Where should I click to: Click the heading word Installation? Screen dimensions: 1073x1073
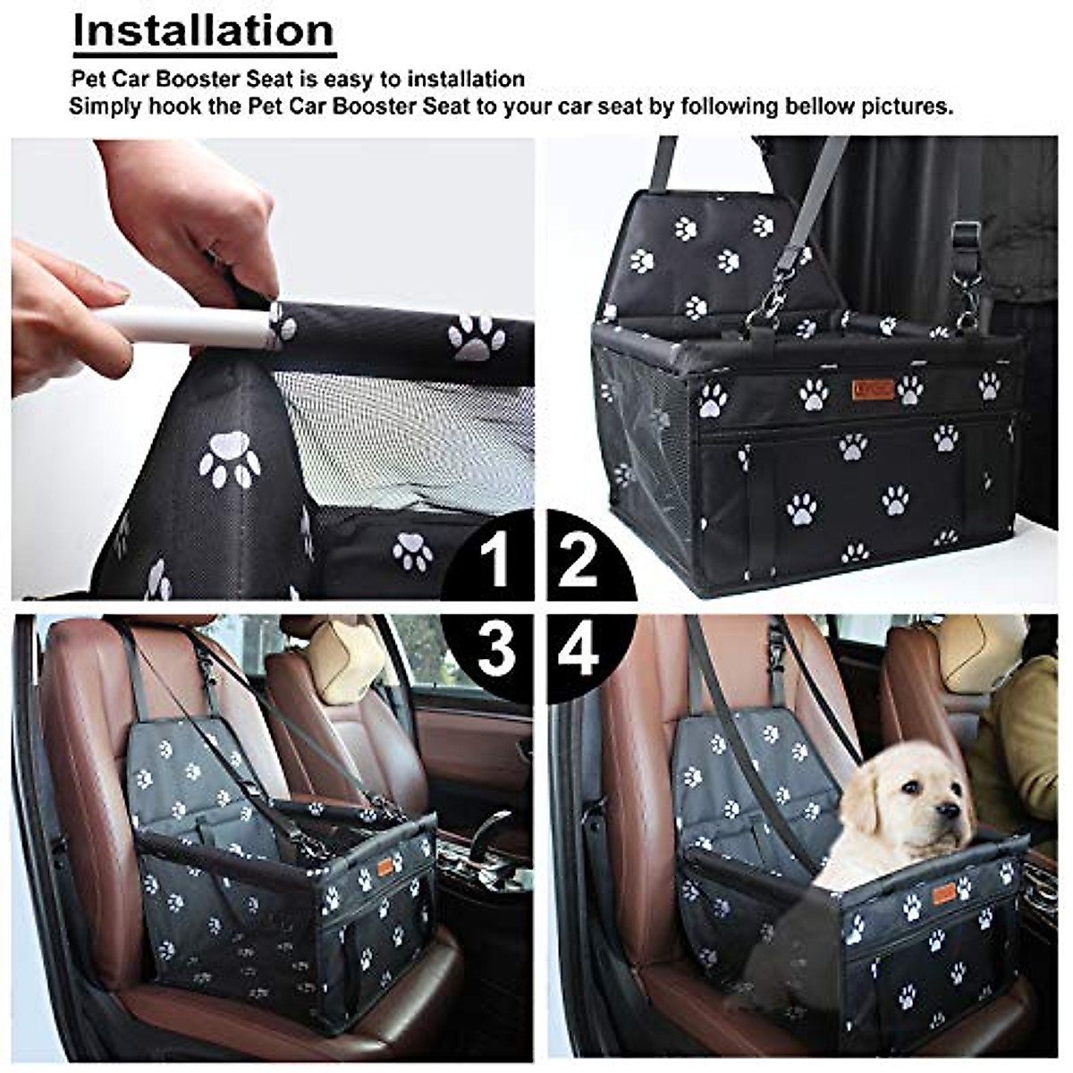[x=204, y=30]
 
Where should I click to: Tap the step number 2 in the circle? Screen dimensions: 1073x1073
[x=578, y=560]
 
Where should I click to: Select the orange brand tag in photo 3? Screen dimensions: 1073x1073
[x=385, y=866]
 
